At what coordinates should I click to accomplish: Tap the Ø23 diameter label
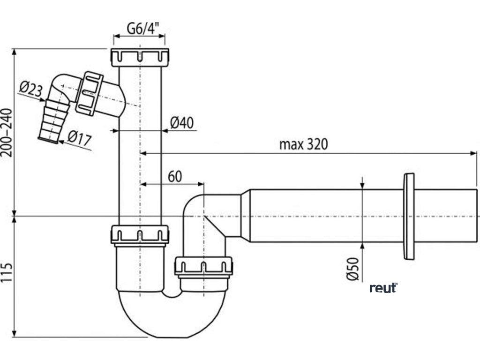30,88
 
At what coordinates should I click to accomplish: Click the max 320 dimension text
303,143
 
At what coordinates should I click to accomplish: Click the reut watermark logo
383,287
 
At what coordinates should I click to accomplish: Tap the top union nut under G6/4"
140,57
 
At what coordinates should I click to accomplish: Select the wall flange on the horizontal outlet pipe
408,216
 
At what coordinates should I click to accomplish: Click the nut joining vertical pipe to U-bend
140,234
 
